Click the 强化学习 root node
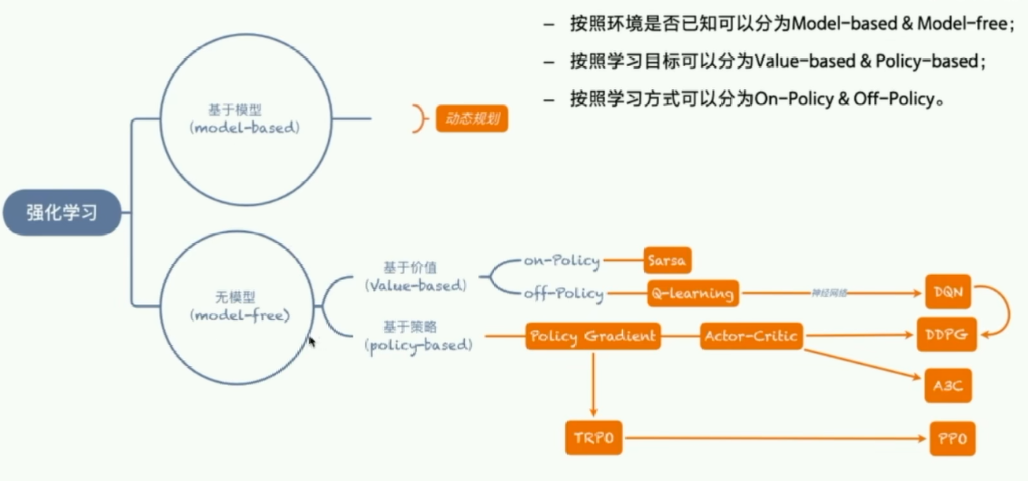(62, 212)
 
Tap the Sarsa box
(668, 260)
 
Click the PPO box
(953, 437)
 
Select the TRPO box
(593, 438)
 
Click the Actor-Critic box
(751, 336)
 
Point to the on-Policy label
(562, 260)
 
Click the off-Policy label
(563, 294)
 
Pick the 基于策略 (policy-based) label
(419, 335)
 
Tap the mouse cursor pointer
(312, 342)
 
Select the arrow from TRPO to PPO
(775, 438)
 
